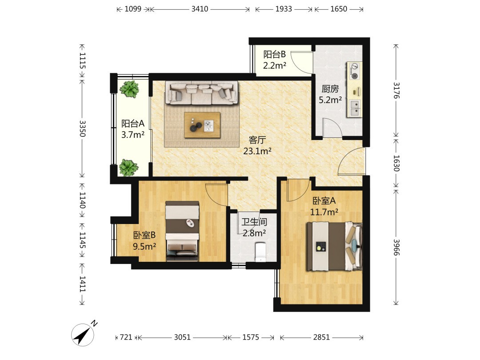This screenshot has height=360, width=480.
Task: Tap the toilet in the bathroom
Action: tap(260, 252)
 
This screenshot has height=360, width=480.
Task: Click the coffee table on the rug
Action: tap(202, 125)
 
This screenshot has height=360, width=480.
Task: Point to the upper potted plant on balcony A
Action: tap(129, 88)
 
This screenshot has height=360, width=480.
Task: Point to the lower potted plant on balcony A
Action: tap(128, 168)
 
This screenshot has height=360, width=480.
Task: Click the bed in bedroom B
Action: tap(182, 231)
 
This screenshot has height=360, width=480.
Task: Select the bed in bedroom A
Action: tap(334, 247)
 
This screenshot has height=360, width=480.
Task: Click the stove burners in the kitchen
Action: tap(355, 71)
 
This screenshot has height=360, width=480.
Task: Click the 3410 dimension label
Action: tap(200, 9)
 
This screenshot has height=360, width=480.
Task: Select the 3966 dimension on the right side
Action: tap(396, 247)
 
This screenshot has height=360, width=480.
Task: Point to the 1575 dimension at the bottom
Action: tap(251, 337)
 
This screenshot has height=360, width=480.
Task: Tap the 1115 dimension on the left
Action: tap(82, 60)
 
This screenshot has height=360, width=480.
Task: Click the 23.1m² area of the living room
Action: tap(257, 151)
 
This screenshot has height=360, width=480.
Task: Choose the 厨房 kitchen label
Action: tap(330, 89)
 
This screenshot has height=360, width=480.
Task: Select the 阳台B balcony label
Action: tap(275, 55)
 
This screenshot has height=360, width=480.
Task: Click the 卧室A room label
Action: tap(324, 201)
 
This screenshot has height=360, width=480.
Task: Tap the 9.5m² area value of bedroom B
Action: tap(144, 246)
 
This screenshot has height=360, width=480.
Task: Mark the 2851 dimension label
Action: tap(321, 337)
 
